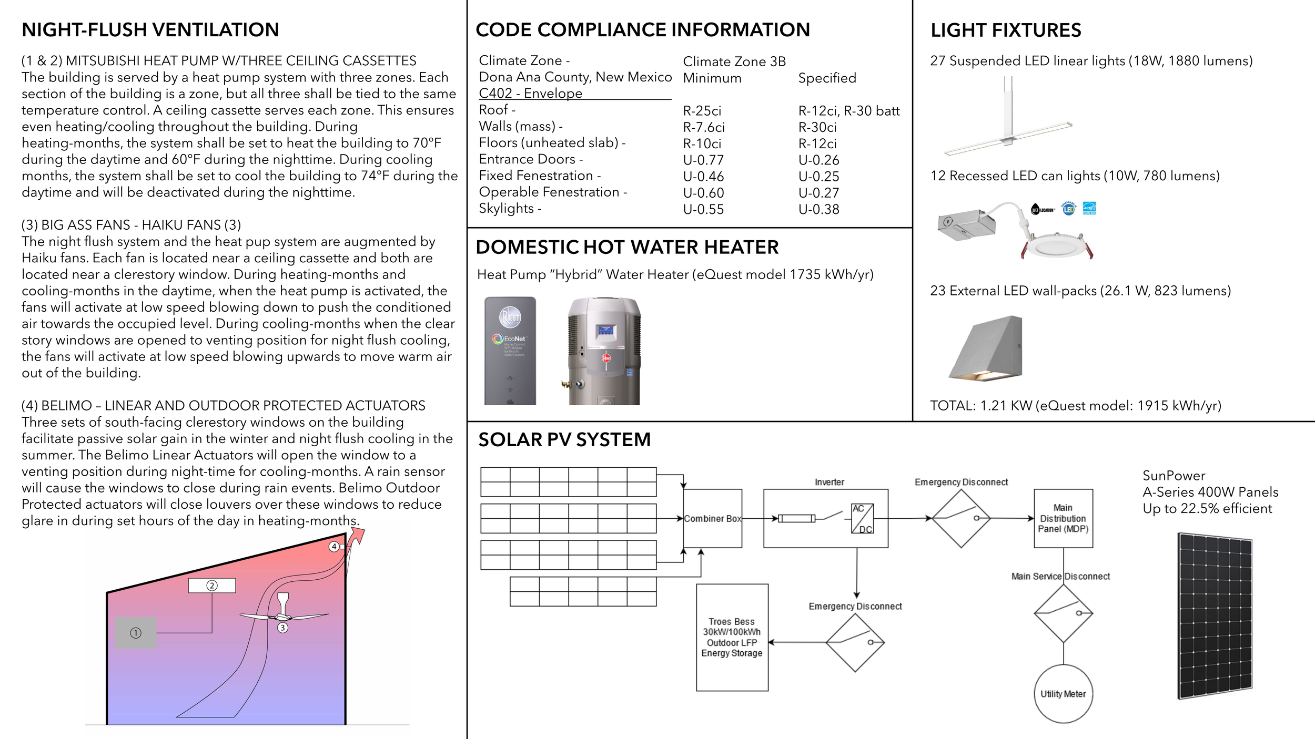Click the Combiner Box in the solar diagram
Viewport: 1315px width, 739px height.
(712, 518)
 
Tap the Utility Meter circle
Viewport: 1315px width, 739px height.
(1063, 694)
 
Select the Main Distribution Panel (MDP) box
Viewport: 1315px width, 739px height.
(1063, 518)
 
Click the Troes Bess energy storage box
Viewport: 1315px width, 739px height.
(732, 637)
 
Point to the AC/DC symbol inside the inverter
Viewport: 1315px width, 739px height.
(862, 518)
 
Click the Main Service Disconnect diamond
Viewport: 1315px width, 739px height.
(1063, 613)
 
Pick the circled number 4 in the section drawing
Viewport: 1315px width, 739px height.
(333, 547)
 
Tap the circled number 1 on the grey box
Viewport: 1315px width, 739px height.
(136, 633)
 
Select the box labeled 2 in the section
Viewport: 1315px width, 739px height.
(212, 586)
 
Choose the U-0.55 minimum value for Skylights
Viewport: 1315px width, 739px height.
(703, 209)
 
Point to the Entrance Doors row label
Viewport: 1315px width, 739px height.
(531, 159)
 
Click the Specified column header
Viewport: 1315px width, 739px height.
(827, 78)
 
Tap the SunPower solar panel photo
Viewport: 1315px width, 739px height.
(1215, 616)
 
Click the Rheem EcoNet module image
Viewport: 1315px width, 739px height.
(510, 351)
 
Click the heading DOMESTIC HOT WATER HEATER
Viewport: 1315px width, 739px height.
(627, 247)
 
